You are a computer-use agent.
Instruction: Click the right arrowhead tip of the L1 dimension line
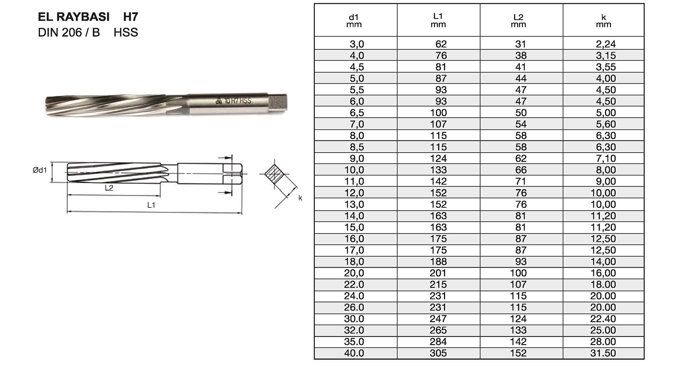click(242, 213)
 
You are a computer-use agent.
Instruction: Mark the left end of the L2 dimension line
click(67, 195)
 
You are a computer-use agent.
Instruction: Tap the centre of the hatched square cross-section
click(274, 174)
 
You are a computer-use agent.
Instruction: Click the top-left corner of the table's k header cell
click(563, 4)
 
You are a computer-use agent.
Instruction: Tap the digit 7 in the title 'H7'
click(134, 17)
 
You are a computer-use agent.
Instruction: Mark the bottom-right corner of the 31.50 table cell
click(644, 359)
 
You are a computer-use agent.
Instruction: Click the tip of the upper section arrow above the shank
click(232, 158)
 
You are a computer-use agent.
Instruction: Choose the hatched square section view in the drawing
click(274, 174)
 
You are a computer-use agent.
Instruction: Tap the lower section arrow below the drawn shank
click(225, 193)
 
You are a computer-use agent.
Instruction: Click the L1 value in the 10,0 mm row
click(438, 170)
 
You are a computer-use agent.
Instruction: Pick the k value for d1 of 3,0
click(605, 44)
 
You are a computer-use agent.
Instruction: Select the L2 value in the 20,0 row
click(518, 273)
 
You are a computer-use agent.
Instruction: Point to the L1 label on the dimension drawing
click(151, 205)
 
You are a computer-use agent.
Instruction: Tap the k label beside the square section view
click(300, 198)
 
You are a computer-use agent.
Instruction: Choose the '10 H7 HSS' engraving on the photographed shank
click(238, 101)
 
